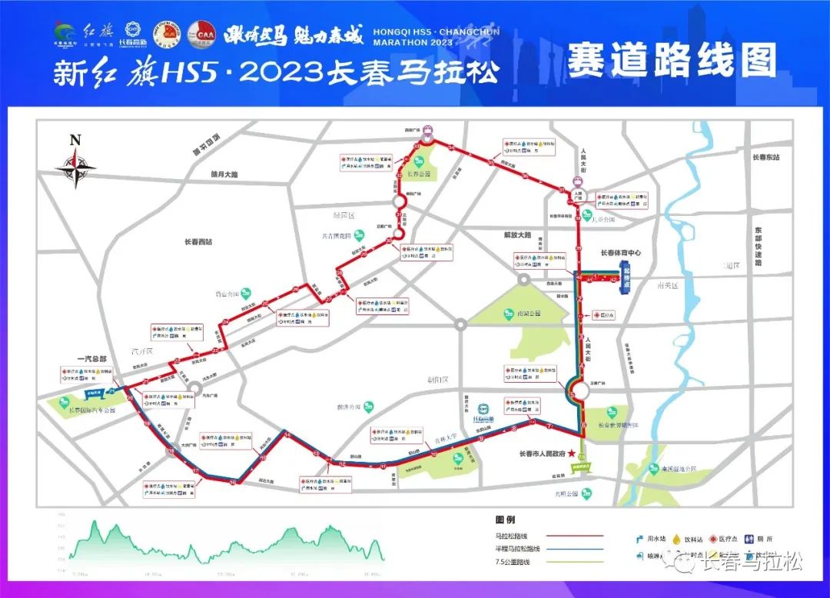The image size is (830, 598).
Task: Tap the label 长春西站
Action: point(198,242)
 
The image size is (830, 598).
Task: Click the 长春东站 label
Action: point(765,157)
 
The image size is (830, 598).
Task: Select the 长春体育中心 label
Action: point(620,252)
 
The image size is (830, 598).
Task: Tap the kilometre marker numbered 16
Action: point(233,482)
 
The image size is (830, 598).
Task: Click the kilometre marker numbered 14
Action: point(287,435)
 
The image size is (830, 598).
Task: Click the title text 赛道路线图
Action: point(672,61)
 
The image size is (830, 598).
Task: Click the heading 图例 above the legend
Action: point(504,518)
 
